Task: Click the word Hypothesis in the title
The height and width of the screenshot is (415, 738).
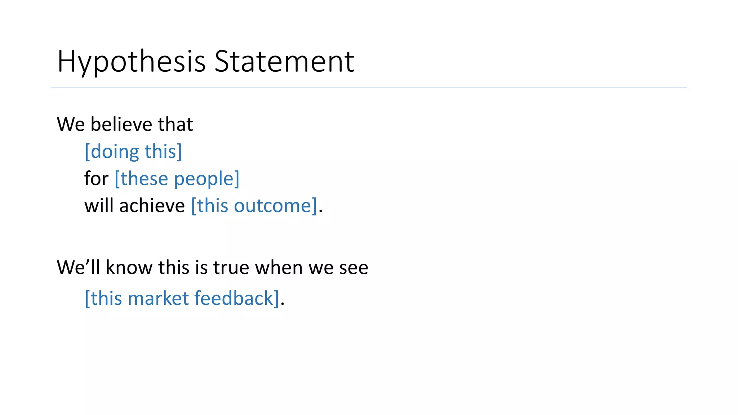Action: (x=131, y=62)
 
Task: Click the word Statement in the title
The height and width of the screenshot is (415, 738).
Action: (x=284, y=62)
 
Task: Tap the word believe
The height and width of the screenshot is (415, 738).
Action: (x=121, y=124)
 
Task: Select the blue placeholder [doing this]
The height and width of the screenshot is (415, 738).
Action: (x=133, y=151)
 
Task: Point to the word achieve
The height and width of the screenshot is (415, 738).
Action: (x=152, y=206)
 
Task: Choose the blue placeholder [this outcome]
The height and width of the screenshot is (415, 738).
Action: (x=254, y=206)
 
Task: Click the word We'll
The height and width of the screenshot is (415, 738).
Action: (x=78, y=267)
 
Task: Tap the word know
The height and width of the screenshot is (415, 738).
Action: (x=129, y=267)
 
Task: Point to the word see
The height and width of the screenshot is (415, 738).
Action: (x=354, y=267)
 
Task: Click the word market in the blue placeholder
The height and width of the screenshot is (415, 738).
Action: (x=158, y=298)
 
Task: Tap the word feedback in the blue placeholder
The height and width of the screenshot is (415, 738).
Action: (x=236, y=298)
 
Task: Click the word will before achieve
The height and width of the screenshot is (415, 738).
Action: (x=99, y=206)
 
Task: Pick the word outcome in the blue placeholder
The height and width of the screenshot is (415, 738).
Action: (x=275, y=206)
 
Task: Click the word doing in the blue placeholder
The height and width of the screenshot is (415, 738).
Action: (x=114, y=152)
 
